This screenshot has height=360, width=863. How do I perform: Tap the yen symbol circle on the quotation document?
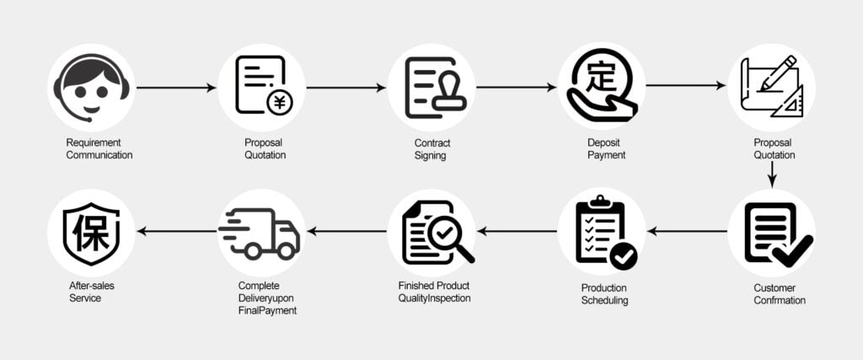tap(279, 102)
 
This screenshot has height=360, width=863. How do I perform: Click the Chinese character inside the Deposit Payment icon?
tap(601, 78)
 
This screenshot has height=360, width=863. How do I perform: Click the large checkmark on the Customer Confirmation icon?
tap(792, 250)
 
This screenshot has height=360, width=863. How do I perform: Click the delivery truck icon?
tap(261, 232)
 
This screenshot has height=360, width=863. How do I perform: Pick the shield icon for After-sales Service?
tap(91, 231)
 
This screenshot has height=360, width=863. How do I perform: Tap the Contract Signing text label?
tap(431, 148)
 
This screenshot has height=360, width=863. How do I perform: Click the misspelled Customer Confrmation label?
tap(780, 293)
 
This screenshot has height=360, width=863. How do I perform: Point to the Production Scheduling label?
tap(604, 294)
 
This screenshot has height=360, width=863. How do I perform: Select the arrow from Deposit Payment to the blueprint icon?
tap(686, 85)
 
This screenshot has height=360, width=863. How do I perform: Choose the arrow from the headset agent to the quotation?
tap(176, 87)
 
